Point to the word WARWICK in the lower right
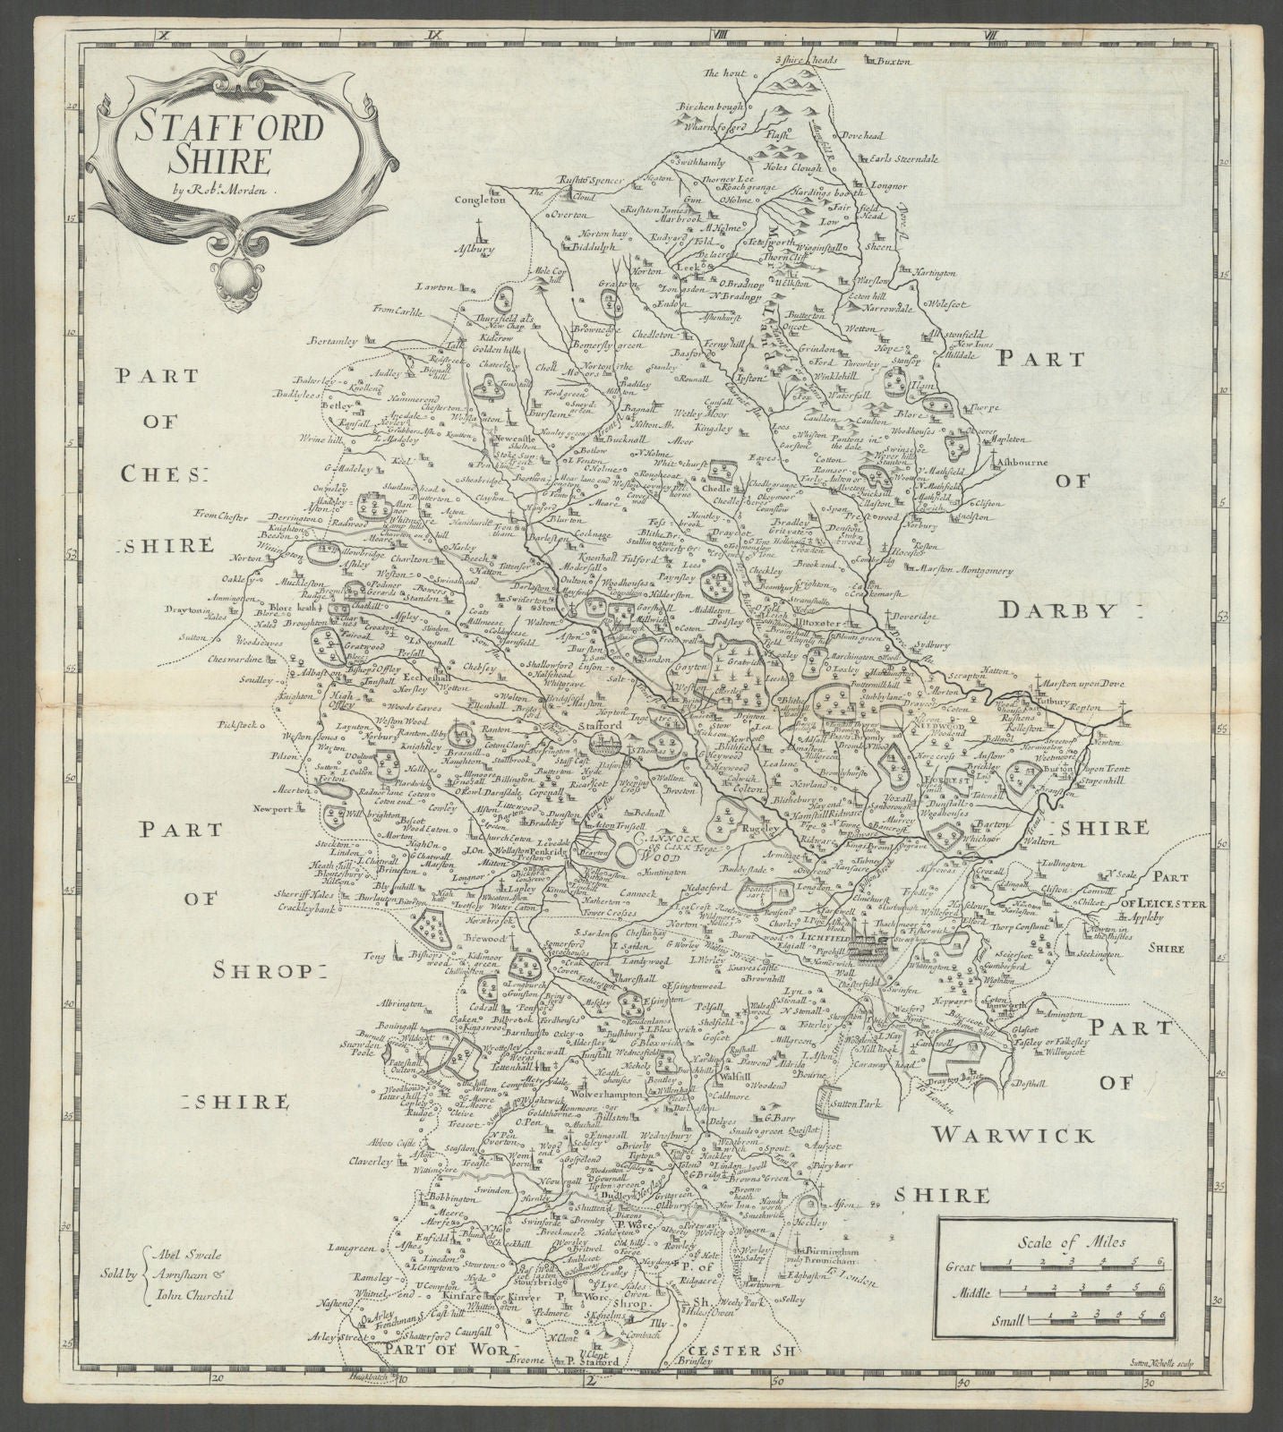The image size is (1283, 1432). (1014, 1136)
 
